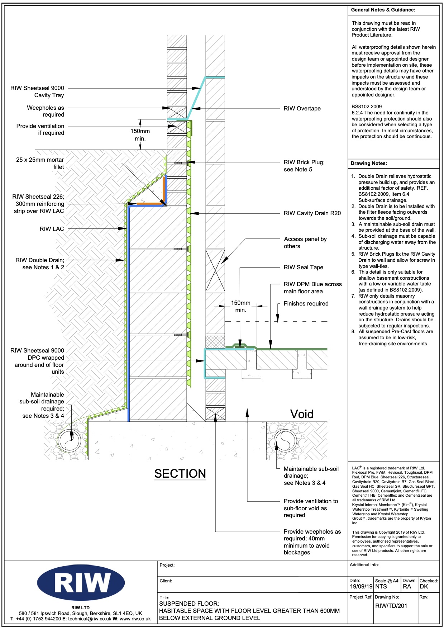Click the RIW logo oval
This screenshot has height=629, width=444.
coord(81,583)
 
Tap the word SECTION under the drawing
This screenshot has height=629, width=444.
coord(180,474)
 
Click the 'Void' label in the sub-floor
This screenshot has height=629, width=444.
coord(302,414)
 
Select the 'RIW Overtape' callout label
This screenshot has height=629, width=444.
coord(302,109)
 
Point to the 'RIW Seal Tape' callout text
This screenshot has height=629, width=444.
coord(303,268)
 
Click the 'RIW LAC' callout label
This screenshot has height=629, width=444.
coord(52,229)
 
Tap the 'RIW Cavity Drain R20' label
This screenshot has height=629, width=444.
coord(312,213)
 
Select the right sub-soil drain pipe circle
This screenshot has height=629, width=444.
coord(285,440)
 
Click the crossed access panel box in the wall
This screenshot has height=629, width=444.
coord(215,270)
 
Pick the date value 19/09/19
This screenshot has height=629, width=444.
coord(361,587)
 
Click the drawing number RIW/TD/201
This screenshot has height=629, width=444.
coord(391,606)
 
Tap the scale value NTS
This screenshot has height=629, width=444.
coord(381,587)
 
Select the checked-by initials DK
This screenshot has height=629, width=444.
coord(424,587)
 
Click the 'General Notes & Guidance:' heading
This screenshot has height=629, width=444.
coord(383,10)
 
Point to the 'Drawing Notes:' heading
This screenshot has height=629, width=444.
coord(369,164)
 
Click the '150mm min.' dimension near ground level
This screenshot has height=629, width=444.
coord(140,135)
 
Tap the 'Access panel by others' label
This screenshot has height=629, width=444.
coord(305,243)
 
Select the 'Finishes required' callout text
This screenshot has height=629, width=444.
coord(306,304)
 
